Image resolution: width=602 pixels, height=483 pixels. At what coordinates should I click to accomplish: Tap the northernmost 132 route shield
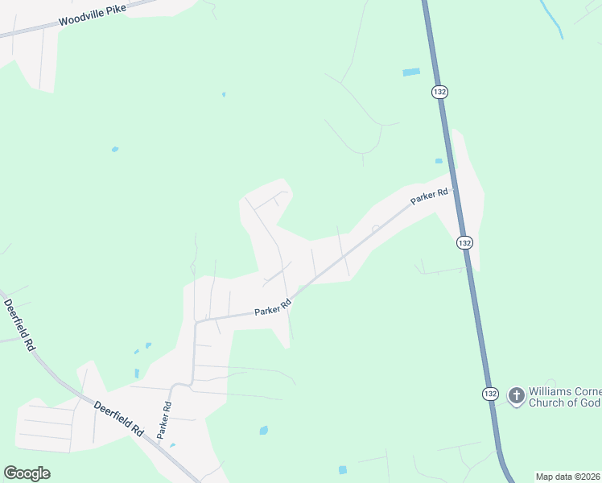click(439, 92)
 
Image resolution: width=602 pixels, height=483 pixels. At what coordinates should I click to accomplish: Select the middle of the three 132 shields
click(464, 242)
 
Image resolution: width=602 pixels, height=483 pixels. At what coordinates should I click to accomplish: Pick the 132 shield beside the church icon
click(490, 394)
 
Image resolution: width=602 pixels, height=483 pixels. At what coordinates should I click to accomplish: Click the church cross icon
click(516, 395)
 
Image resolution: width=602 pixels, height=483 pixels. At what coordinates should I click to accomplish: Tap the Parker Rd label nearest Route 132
click(429, 196)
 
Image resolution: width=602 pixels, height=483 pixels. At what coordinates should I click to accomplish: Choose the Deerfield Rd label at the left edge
click(19, 324)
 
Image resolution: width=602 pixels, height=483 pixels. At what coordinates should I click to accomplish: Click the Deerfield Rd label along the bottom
click(118, 419)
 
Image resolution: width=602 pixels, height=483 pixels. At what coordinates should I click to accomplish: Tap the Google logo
click(27, 473)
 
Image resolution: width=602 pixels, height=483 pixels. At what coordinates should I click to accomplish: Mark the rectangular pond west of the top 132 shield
click(411, 72)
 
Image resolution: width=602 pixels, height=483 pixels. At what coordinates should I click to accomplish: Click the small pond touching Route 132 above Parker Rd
click(439, 161)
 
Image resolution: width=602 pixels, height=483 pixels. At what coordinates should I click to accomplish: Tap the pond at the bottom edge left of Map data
click(343, 469)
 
